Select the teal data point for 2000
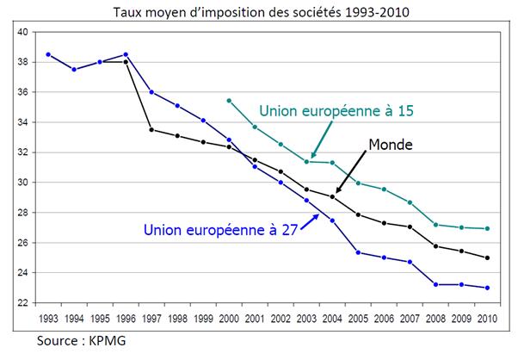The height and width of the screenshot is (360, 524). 229,101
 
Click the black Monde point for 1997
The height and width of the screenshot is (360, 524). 151,129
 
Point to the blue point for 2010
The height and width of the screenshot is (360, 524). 490,288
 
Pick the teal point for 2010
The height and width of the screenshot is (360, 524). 490,228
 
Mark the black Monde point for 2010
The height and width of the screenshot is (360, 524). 490,258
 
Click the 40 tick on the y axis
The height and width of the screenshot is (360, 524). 23,32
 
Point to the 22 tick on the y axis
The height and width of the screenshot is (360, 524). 23,303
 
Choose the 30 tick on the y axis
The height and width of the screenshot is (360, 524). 23,183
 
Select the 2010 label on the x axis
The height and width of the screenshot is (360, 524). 490,319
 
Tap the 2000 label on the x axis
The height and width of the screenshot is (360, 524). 229,319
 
